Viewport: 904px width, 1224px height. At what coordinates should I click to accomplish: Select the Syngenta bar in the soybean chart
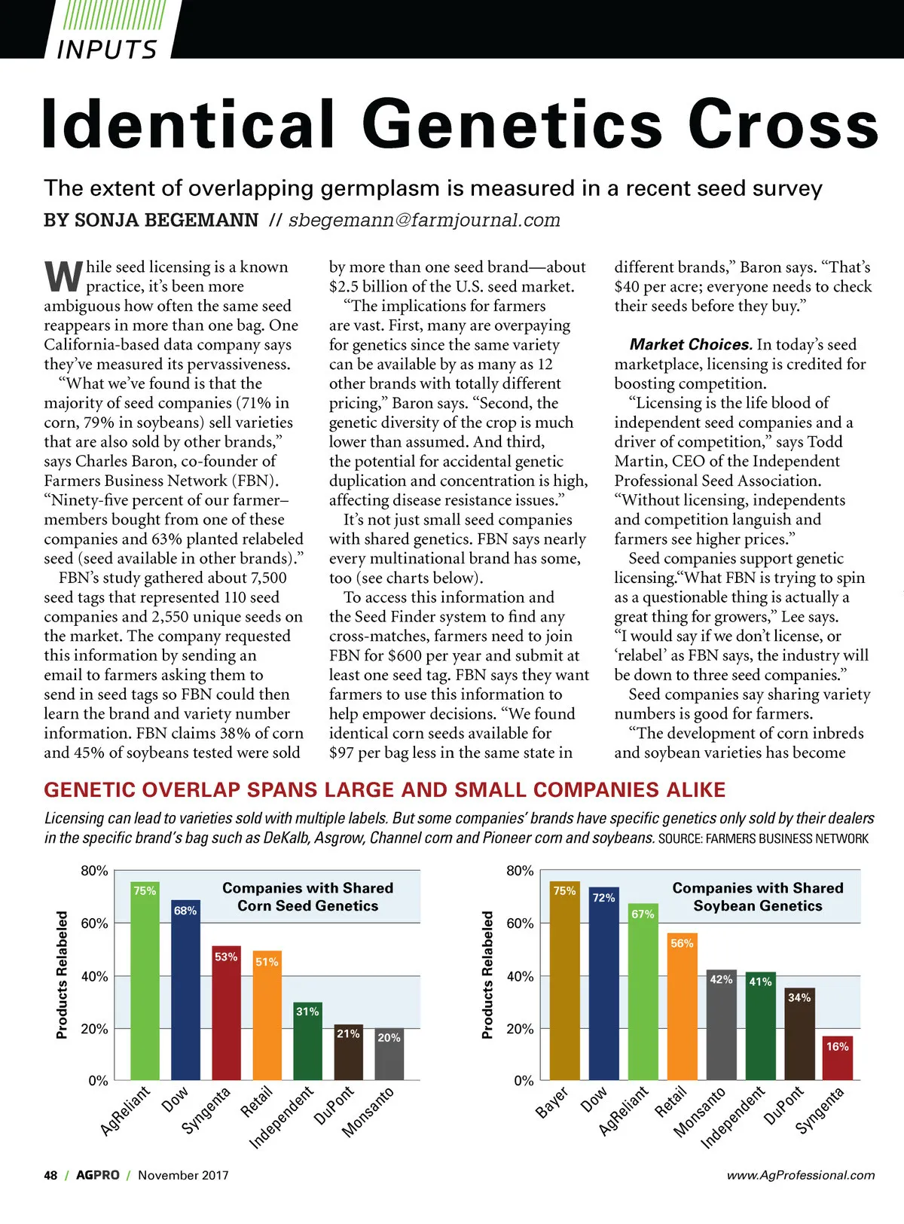point(838,1058)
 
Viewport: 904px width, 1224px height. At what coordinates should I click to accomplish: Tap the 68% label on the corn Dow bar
point(185,911)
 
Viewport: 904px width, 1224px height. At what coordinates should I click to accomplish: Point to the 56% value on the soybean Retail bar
point(682,943)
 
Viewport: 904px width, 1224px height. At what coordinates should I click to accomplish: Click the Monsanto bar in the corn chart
point(389,1055)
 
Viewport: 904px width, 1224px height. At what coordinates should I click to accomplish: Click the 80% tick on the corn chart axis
point(94,871)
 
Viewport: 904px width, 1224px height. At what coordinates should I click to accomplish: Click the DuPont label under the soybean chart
point(783,1106)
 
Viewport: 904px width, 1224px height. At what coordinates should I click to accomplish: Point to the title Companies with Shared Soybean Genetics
point(757,897)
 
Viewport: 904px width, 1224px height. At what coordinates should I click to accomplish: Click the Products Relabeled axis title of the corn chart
point(62,975)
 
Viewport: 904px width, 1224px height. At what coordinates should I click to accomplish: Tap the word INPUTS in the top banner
point(107,49)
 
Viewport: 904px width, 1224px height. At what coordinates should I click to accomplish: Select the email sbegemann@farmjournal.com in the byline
point(424,220)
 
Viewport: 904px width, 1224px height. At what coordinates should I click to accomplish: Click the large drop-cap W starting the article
point(63,276)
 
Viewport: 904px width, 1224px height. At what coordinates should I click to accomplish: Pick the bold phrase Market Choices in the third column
point(690,344)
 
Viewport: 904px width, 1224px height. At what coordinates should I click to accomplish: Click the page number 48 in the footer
point(50,1175)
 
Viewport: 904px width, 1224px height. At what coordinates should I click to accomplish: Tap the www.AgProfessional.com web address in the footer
point(800,1175)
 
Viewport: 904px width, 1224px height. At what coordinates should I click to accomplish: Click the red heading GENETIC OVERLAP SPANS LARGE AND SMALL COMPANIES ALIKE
point(384,789)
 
